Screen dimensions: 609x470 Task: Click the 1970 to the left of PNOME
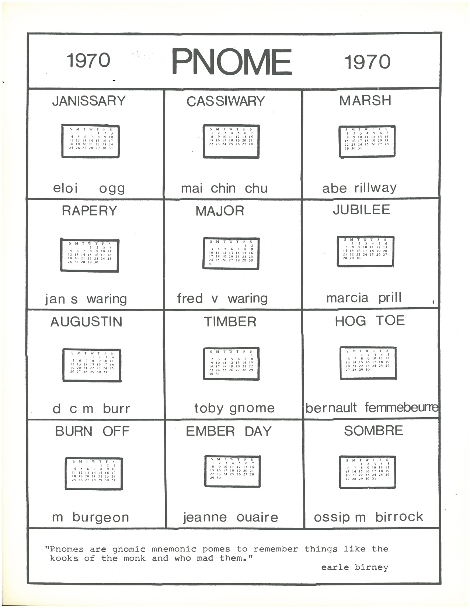[88, 60]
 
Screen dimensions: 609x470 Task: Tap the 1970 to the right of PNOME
[367, 62]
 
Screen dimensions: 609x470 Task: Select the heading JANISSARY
[89, 101]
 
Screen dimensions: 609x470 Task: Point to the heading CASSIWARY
[225, 101]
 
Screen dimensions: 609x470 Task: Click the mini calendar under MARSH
[367, 141]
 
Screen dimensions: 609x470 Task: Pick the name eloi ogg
[89, 188]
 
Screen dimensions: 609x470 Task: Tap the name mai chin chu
[224, 188]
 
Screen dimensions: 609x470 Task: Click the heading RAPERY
[89, 211]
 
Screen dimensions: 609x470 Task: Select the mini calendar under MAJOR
[231, 253]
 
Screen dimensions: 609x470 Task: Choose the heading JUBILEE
[361, 210]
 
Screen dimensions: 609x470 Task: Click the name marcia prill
[363, 298]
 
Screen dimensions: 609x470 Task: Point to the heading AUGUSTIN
[86, 322]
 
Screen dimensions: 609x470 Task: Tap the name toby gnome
[234, 408]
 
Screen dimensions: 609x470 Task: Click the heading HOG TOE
[370, 321]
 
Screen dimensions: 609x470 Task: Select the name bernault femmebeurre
[372, 408]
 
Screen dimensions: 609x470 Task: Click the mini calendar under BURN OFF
[94, 474]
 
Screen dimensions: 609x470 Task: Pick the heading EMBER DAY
[229, 431]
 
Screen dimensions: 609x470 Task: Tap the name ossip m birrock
[368, 517]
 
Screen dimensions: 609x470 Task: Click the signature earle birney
[355, 567]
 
